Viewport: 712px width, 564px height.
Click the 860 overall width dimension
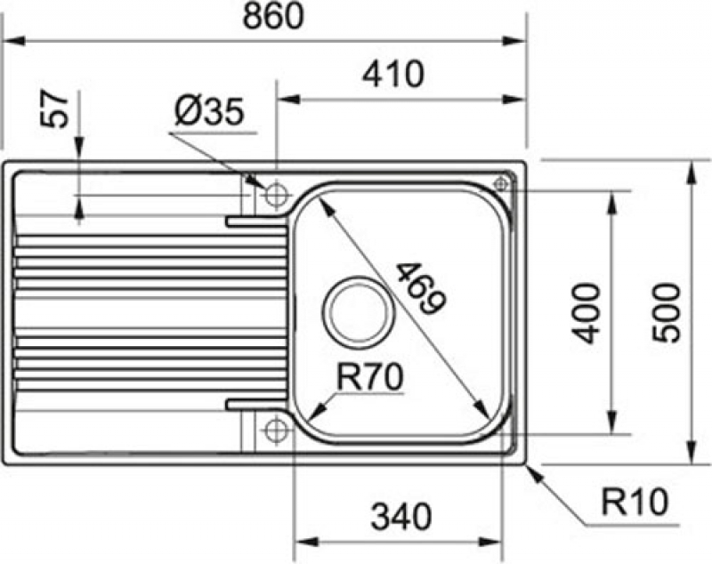tap(272, 17)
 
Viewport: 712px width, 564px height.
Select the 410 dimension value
tap(393, 74)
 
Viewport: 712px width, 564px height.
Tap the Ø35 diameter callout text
tap(209, 111)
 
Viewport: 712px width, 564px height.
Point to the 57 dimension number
tap(54, 109)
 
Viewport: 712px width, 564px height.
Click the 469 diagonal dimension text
tap(421, 288)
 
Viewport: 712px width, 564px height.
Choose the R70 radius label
tap(369, 377)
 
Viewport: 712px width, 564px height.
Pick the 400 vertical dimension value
tap(586, 313)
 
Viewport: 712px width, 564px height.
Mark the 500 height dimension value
tap(667, 312)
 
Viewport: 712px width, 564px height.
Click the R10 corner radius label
tap(635, 502)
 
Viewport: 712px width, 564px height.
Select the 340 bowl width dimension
tap(401, 516)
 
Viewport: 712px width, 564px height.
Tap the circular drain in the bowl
tap(357, 312)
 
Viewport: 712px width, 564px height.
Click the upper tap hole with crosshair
tap(276, 196)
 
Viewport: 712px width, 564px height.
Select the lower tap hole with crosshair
tap(276, 430)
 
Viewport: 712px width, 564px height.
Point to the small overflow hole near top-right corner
tap(501, 184)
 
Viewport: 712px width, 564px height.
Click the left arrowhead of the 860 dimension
tap(14, 41)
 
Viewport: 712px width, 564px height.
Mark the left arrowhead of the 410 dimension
tap(289, 99)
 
